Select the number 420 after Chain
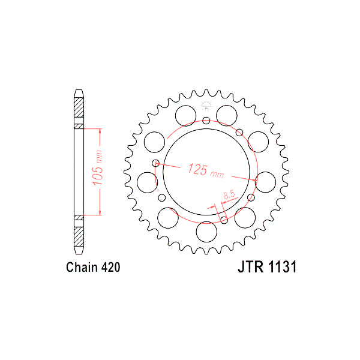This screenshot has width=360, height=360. (112, 268)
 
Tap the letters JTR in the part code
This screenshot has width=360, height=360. (247, 268)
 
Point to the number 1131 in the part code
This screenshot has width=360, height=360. (280, 268)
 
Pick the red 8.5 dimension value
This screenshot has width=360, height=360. (229, 195)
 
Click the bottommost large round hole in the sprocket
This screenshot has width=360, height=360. (206, 230)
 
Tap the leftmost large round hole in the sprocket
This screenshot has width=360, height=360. (147, 181)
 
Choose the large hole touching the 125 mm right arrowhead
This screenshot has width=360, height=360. (265, 181)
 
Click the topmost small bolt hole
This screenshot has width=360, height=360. (206, 121)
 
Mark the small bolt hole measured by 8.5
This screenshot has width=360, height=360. (224, 220)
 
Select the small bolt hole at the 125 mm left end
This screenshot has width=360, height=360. (156, 163)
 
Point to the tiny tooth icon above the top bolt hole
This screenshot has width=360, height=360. (206, 106)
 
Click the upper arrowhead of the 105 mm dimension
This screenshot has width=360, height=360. (100, 130)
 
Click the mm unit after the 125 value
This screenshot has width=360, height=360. (217, 174)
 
